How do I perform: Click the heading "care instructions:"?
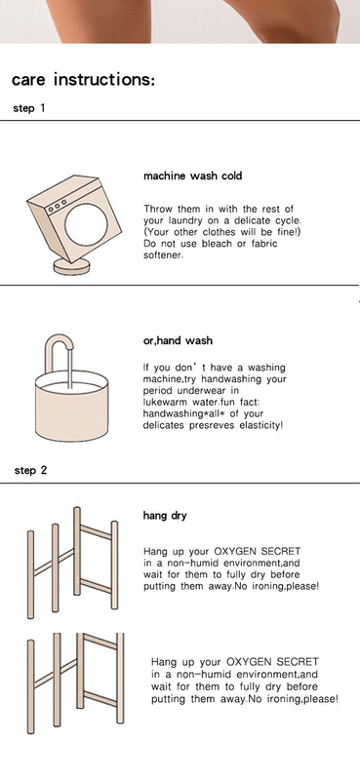83,80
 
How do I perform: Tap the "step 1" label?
29,108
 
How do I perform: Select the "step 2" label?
30,470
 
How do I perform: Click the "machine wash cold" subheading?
193,175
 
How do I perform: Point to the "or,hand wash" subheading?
178,340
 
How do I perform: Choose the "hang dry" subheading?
165,516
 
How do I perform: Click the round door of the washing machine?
86,224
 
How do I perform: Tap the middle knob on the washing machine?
57,206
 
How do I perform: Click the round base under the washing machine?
71,266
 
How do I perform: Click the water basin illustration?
71,406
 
